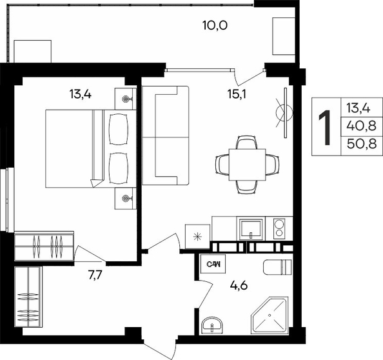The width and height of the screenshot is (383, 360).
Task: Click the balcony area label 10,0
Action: [215, 25]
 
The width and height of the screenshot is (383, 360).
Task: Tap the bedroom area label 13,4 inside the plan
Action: [81, 94]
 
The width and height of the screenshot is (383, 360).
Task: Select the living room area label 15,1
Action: [237, 94]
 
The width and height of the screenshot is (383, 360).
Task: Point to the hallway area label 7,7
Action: [95, 275]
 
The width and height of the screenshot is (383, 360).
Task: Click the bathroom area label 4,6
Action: [239, 285]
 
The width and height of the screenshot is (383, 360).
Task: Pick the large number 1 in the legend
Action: [325, 127]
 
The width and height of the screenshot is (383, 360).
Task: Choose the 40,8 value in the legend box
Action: [362, 126]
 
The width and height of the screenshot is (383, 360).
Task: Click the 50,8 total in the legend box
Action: [362, 144]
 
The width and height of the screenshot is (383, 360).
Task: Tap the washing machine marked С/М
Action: [213, 264]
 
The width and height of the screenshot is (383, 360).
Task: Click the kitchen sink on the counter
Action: [251, 229]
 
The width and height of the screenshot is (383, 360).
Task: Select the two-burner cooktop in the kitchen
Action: [279, 228]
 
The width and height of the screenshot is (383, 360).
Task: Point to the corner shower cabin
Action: [270, 315]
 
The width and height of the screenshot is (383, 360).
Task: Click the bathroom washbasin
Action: [212, 325]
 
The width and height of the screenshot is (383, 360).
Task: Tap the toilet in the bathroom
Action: [277, 267]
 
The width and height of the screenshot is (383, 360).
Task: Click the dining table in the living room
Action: [247, 165]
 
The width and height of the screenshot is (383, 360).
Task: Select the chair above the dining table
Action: [247, 142]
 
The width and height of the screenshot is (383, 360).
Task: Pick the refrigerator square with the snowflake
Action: [197, 237]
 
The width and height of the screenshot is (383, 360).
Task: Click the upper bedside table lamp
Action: [126, 99]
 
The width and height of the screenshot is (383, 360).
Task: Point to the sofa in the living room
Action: [165, 135]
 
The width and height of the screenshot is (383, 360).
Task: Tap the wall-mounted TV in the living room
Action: [285, 113]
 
